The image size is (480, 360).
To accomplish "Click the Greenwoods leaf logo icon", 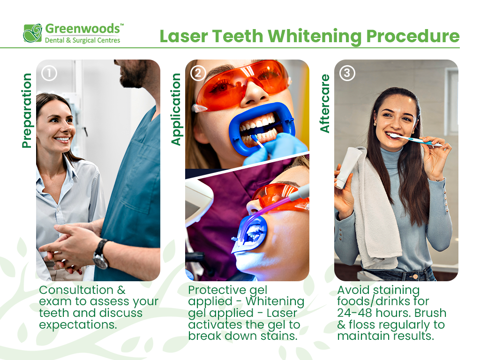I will (33, 33).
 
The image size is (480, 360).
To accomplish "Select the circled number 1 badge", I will (49, 73).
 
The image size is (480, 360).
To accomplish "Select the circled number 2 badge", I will (198, 73).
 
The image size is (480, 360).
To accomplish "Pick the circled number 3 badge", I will (347, 73).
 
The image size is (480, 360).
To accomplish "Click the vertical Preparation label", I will (27, 111).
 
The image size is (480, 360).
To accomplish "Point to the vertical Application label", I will (176, 109).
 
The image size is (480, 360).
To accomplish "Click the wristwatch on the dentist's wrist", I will (100, 254).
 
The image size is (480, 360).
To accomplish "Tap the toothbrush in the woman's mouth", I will (412, 139).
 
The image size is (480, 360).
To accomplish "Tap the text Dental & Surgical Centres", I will (82, 41).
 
